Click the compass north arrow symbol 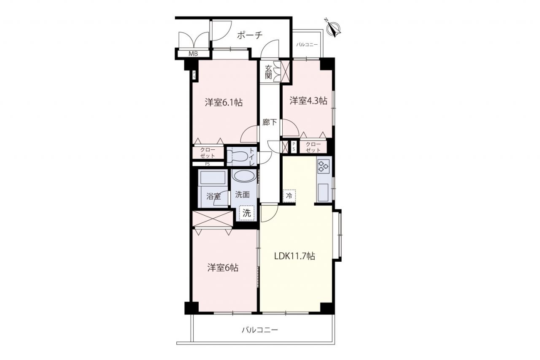pyautogui.click(x=333, y=28)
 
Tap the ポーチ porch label pyautogui.click(x=249, y=35)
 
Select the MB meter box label pyautogui.click(x=193, y=54)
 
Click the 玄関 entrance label pyautogui.click(x=268, y=72)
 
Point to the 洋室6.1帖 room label pyautogui.click(x=224, y=103)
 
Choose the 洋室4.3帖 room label pyautogui.click(x=308, y=101)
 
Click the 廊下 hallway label pyautogui.click(x=270, y=122)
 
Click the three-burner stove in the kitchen pyautogui.click(x=323, y=166)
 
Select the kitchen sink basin pyautogui.click(x=323, y=192)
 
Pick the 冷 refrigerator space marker pyautogui.click(x=289, y=196)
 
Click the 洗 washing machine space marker pyautogui.click(x=246, y=213)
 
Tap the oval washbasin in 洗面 pyautogui.click(x=244, y=176)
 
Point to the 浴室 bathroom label pyautogui.click(x=213, y=196)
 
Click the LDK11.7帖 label pyautogui.click(x=294, y=256)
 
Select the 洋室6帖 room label pyautogui.click(x=223, y=268)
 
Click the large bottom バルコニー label pyautogui.click(x=260, y=330)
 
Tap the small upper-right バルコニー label pyautogui.click(x=307, y=45)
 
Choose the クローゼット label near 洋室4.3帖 pyautogui.click(x=313, y=147)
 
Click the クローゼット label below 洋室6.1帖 pyautogui.click(x=208, y=153)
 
